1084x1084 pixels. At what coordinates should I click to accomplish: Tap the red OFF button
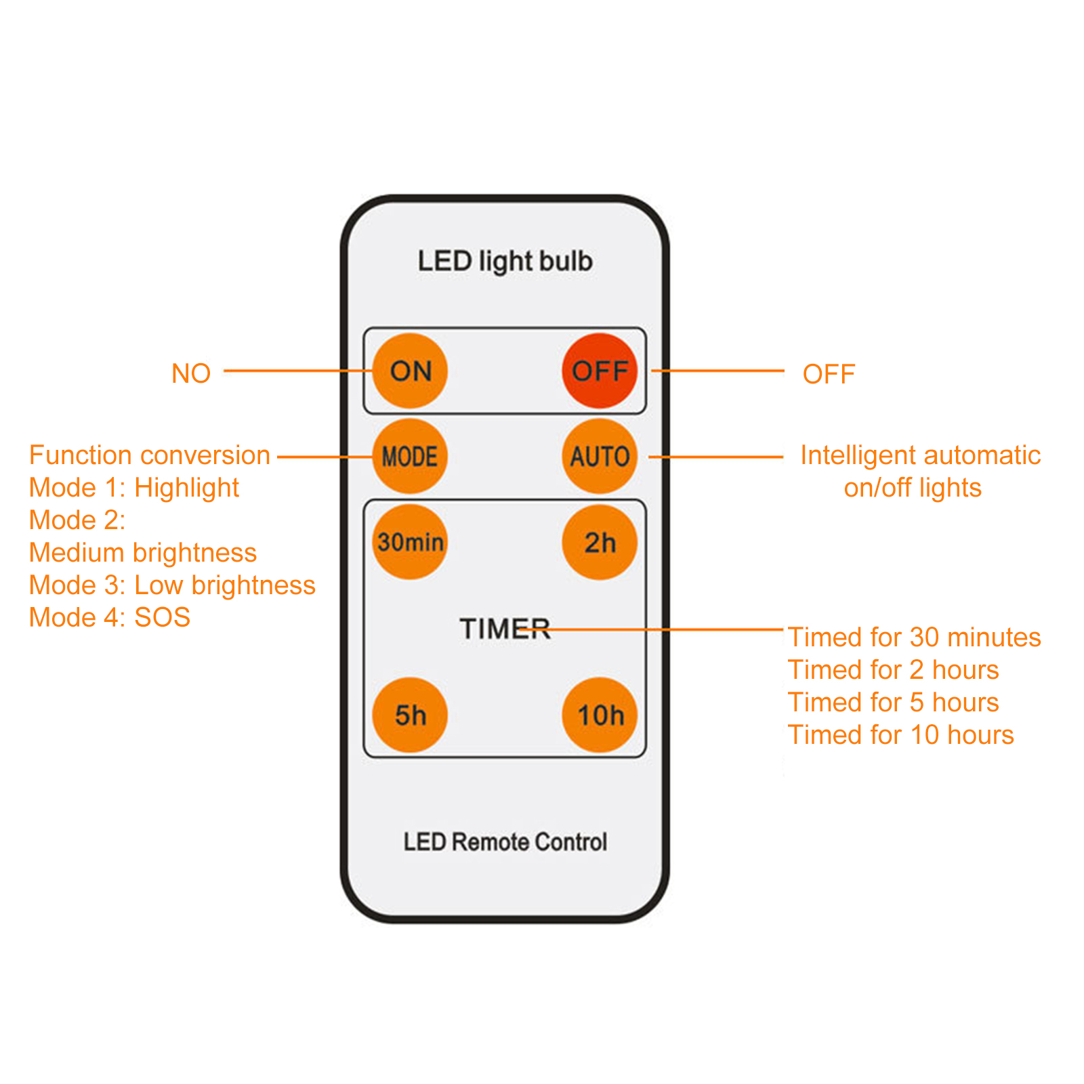[x=599, y=371]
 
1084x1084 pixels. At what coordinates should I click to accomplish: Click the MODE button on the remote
[x=410, y=456]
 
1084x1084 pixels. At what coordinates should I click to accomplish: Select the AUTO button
[x=599, y=456]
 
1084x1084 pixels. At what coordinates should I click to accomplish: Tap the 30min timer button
[x=410, y=542]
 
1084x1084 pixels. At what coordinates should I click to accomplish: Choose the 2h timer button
[x=599, y=542]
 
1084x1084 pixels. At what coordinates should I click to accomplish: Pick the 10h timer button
[x=599, y=715]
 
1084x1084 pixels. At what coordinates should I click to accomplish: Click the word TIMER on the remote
[x=505, y=629]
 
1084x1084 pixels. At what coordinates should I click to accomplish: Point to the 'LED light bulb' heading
[x=505, y=262]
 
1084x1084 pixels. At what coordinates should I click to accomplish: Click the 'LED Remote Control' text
[x=505, y=842]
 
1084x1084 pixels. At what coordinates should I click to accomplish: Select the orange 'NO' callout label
[x=191, y=373]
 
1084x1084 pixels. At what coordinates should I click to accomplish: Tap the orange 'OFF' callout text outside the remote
[x=829, y=374]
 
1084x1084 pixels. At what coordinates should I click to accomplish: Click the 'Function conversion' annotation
[x=150, y=455]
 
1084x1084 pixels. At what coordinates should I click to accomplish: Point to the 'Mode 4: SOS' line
[x=110, y=617]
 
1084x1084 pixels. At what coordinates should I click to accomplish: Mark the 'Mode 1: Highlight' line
[x=134, y=488]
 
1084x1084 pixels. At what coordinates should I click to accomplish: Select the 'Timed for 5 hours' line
[x=893, y=703]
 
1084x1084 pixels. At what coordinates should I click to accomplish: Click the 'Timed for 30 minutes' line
[x=914, y=638]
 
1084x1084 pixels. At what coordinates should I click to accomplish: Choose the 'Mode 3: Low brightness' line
[x=172, y=585]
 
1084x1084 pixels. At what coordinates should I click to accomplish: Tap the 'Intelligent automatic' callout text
[x=920, y=455]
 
